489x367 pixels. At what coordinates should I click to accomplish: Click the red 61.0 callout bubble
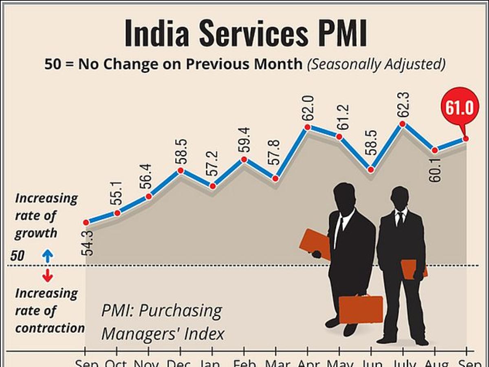(x=462, y=108)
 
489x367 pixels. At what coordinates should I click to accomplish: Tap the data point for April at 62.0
(x=307, y=127)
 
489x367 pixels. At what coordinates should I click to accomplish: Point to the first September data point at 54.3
(x=86, y=222)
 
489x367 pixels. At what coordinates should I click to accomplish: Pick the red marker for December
(x=181, y=171)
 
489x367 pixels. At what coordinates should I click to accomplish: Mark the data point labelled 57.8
(x=275, y=179)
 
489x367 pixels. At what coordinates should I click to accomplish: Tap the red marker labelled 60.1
(x=435, y=150)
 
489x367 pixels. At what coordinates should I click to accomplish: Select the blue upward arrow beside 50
(x=48, y=256)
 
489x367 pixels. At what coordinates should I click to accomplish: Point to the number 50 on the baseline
(x=18, y=256)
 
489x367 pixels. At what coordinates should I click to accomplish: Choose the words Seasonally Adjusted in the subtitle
(x=377, y=64)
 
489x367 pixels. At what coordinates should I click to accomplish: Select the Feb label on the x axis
(x=244, y=363)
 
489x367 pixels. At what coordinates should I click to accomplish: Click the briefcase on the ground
(x=361, y=309)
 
